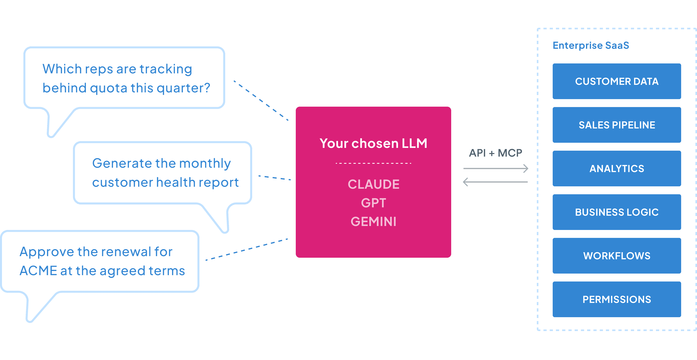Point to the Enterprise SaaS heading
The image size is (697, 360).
pos(591,45)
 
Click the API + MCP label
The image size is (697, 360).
pos(495,153)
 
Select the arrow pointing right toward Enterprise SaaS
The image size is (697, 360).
pos(496,168)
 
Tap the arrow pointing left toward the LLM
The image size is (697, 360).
pos(495,182)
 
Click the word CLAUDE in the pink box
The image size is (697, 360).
pos(373,184)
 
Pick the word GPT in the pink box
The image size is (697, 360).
pos(373,203)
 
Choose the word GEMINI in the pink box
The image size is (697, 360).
pos(373,222)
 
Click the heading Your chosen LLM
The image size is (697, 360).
pos(373,143)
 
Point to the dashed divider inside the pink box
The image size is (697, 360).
pos(373,163)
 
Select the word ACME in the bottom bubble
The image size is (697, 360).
pos(38,271)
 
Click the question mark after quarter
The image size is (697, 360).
pos(207,88)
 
